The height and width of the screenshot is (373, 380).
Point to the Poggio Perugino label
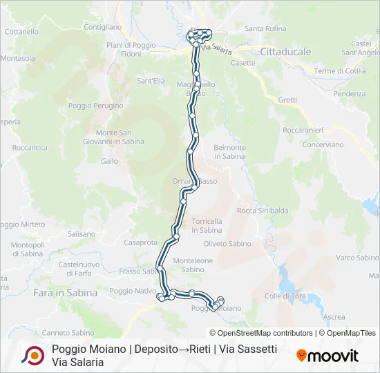pyautogui.click(x=96, y=106)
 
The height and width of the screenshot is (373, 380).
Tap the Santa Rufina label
pyautogui.click(x=265, y=28)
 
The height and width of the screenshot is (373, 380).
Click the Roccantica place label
pyautogui.click(x=30, y=148)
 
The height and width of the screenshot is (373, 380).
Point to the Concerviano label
pyautogui.click(x=323, y=144)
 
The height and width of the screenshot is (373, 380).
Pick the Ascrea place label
pyautogui.click(x=334, y=317)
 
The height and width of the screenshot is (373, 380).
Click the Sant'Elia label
pyautogui.click(x=151, y=81)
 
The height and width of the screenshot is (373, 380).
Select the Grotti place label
pyautogui.click(x=287, y=100)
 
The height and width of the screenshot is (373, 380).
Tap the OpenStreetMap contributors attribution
pyautogui.click(x=265, y=333)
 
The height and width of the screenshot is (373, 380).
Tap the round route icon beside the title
pyautogui.click(x=32, y=355)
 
